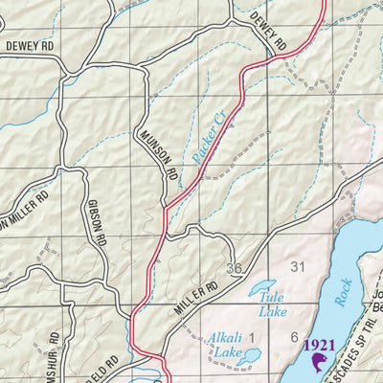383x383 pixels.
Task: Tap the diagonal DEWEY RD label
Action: coord(268,32)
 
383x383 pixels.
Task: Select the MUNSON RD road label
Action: coord(158,155)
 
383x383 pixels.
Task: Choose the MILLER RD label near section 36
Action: coord(197,295)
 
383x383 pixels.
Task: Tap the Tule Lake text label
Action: coord(273,304)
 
